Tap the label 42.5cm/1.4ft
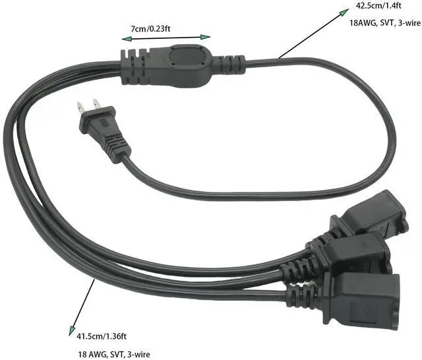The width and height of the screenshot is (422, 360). (x=378, y=5)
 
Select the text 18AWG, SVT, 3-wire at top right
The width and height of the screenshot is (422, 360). (x=385, y=22)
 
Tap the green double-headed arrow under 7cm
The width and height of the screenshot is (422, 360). (x=166, y=38)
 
